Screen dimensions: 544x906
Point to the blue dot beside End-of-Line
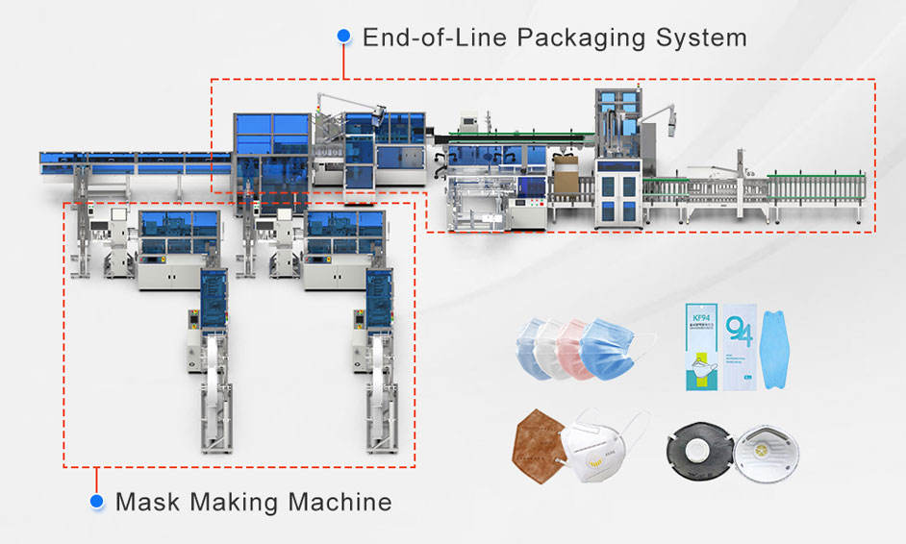pos(343,36)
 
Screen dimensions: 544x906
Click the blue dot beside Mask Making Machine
pos(96,501)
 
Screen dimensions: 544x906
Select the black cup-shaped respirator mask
pos(694,451)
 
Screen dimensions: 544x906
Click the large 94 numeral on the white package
pos(739,330)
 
